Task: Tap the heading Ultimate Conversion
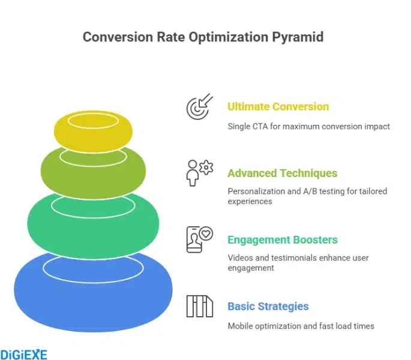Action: click(278, 107)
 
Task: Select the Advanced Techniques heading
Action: click(282, 173)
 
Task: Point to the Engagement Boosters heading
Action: click(283, 240)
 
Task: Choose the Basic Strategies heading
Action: click(268, 307)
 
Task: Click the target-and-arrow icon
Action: click(199, 106)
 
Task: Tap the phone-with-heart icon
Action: click(199, 239)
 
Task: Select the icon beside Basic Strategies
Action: click(199, 306)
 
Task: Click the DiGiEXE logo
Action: click(24, 354)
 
